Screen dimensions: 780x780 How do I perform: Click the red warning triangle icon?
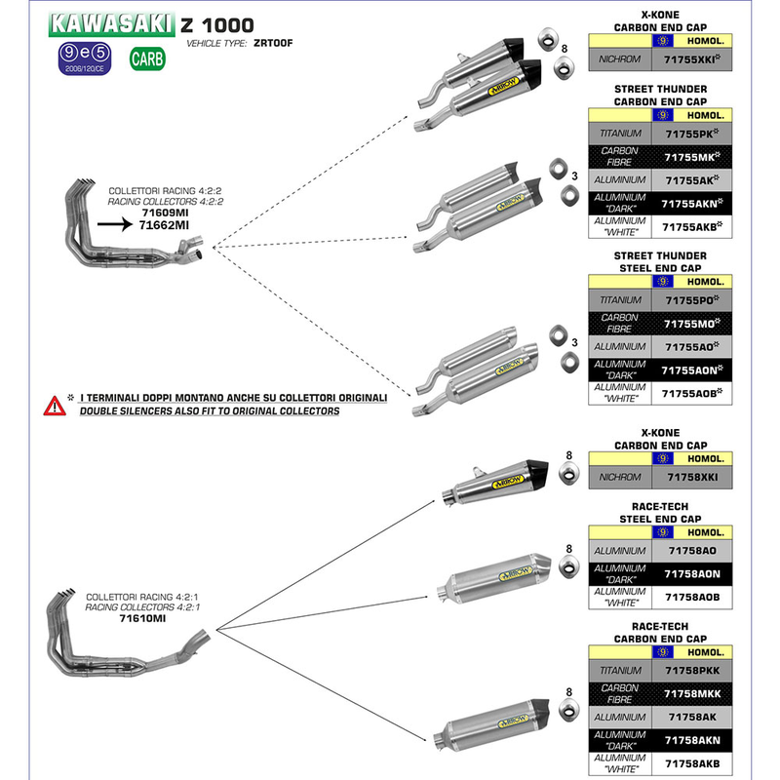[x=52, y=405]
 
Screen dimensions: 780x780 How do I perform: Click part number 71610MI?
[x=142, y=617]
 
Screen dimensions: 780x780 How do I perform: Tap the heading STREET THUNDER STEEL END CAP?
[x=659, y=262]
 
